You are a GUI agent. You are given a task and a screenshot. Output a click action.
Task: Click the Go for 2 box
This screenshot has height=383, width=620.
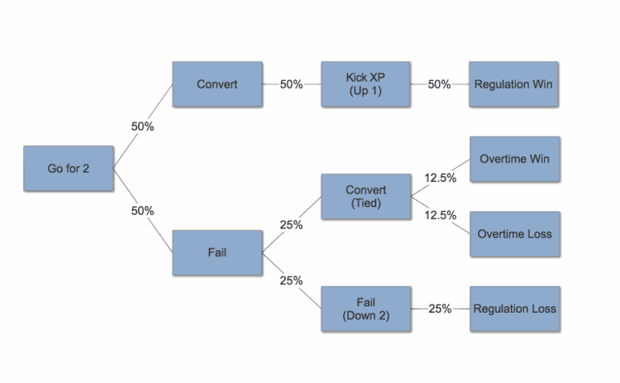point(69,169)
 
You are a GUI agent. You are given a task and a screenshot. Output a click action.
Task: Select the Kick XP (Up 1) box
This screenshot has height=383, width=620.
point(365,84)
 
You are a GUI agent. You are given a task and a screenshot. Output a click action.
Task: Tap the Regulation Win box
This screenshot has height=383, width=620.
point(513,84)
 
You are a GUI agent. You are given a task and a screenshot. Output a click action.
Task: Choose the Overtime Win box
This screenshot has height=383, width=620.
point(515,159)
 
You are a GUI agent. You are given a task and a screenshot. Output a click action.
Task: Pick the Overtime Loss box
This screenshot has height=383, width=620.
point(515,234)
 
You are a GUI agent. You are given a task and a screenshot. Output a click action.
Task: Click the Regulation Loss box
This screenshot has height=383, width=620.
point(515,309)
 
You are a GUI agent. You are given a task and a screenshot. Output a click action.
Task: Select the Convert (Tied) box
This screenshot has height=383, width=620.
point(365,196)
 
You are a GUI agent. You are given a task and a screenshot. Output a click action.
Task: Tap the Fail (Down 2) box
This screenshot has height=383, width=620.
point(365,309)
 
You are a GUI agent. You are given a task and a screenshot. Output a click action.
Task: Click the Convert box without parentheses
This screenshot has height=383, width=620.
point(217,84)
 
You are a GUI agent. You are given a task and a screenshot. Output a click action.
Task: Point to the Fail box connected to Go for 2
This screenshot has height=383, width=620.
point(217,252)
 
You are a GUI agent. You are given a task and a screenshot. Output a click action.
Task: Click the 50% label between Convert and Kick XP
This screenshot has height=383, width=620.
point(292,84)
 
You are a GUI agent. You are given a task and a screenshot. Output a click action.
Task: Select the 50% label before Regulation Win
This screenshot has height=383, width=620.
point(439,84)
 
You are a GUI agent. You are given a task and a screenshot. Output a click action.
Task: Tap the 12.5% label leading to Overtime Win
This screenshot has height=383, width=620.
point(441,178)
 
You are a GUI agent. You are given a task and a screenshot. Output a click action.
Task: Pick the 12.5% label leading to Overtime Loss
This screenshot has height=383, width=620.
point(441,215)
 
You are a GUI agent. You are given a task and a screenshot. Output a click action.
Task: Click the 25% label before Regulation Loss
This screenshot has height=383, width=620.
point(440,309)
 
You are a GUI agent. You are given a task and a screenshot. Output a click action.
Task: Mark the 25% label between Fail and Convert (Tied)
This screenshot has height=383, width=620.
point(292,225)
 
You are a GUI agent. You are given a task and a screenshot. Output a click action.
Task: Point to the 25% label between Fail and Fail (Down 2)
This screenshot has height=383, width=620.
point(292,280)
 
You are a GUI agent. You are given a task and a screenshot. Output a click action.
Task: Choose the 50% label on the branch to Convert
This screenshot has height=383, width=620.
point(143,127)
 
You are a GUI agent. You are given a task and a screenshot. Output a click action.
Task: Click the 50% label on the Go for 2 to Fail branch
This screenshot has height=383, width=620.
point(143,211)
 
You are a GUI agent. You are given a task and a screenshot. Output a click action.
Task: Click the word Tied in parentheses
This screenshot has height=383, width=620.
point(366,203)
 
